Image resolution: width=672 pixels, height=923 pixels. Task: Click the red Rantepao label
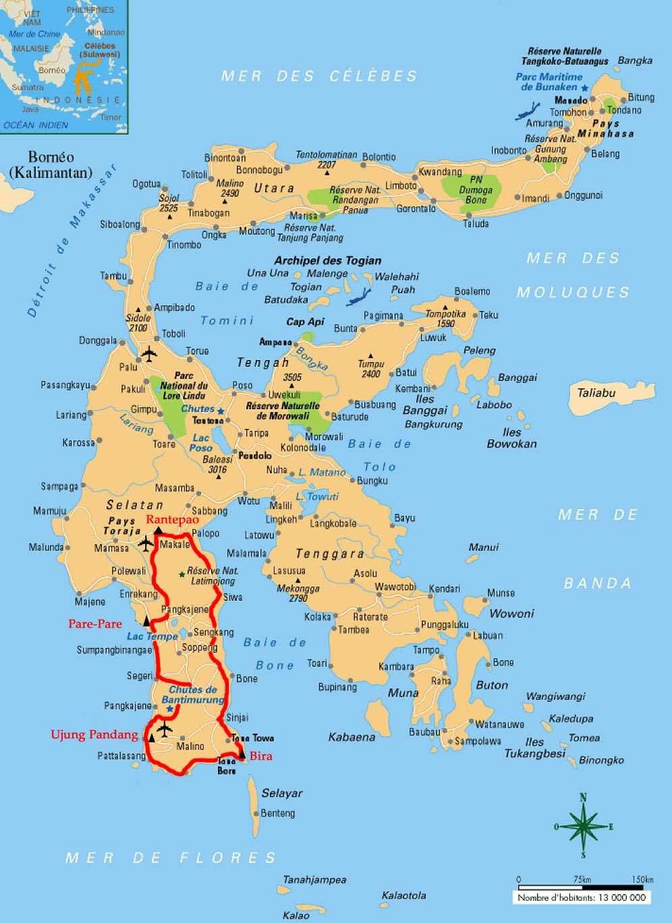click(173, 519)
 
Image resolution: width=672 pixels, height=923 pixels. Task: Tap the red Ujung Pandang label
click(94, 734)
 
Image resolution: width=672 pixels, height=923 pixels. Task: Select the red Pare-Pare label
click(95, 624)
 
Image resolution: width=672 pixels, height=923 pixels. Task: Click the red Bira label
click(261, 756)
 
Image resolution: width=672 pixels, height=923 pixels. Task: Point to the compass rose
click(583, 826)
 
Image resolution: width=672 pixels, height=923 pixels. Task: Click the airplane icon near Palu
click(149, 353)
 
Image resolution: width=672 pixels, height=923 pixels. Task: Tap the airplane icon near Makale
click(146, 543)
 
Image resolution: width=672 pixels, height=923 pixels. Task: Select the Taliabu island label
click(596, 392)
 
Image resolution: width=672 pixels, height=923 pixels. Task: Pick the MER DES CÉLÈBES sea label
click(320, 76)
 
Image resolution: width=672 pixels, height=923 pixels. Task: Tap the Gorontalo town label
click(416, 209)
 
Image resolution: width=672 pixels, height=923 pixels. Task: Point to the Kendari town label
click(444, 589)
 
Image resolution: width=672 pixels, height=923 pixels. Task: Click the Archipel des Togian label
click(327, 260)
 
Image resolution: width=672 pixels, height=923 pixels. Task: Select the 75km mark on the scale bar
click(582, 879)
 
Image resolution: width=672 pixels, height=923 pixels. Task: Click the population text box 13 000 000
click(582, 897)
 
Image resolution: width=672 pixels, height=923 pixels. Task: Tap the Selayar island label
click(281, 793)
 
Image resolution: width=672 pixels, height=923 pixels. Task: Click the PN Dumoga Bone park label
click(476, 190)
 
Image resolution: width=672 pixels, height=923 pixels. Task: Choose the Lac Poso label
click(201, 443)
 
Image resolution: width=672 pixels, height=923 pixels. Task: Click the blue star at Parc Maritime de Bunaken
click(584, 88)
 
